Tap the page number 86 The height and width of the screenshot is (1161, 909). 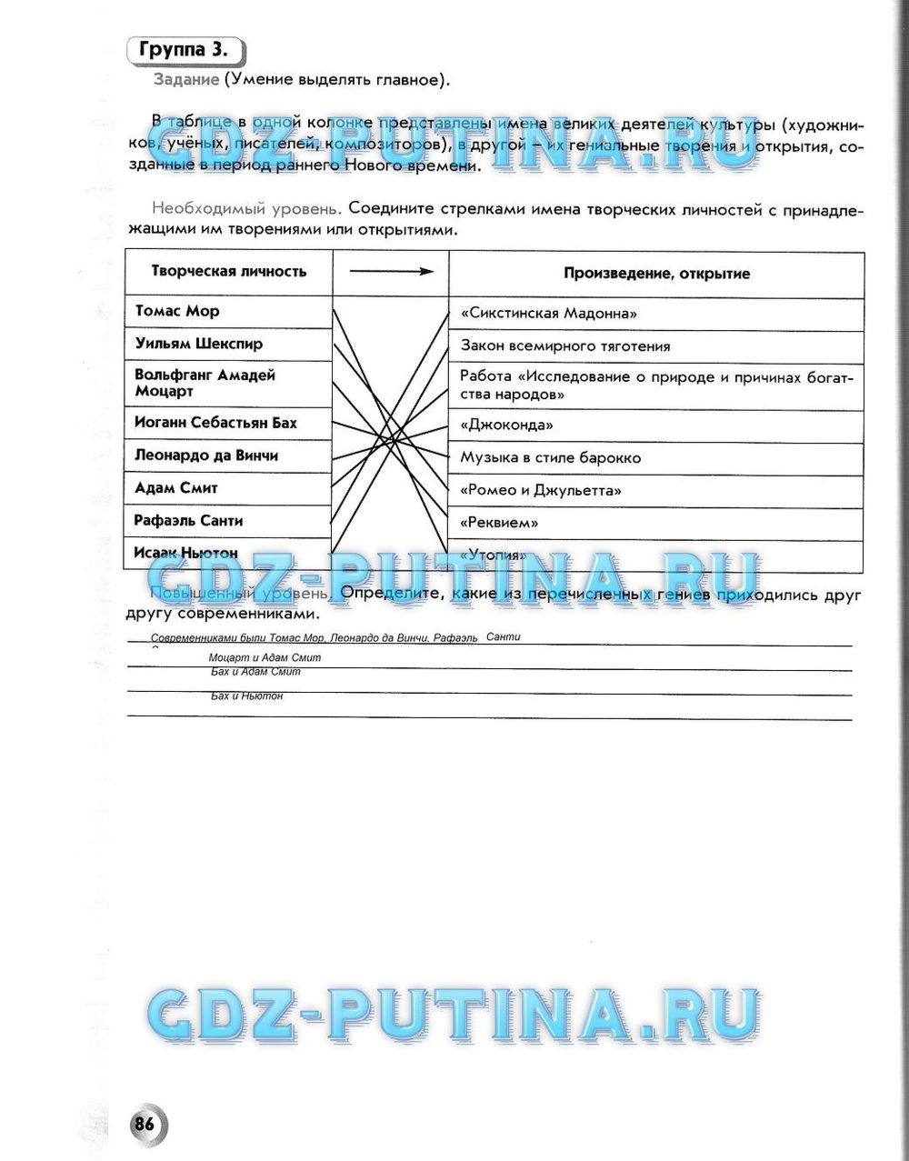pos(145,1123)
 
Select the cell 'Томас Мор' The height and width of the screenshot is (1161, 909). pos(178,311)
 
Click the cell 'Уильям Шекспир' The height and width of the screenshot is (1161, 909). pos(199,344)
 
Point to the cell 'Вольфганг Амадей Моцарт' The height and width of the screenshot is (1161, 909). pos(205,383)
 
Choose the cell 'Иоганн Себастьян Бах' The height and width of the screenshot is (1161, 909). pos(215,423)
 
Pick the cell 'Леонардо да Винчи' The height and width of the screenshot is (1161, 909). pos(206,455)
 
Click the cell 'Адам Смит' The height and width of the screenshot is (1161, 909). pos(176,488)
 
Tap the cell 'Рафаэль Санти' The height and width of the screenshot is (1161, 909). pos(188,521)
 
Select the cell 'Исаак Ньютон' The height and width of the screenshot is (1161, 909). pos(185,553)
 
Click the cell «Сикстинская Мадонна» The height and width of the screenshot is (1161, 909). pos(549,313)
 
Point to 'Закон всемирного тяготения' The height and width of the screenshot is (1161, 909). pos(565,345)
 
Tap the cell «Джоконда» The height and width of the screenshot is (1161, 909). pos(507,425)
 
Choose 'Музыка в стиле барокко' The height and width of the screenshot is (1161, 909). pos(550,457)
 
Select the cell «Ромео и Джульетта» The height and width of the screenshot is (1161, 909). pos(541,490)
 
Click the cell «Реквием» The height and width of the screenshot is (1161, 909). pos(499,523)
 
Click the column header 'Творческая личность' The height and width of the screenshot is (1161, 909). pos(228,271)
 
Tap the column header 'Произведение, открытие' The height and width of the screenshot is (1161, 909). pos(656,273)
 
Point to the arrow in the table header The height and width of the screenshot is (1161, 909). pos(391,271)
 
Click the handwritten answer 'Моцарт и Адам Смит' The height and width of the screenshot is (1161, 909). pos(265,657)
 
